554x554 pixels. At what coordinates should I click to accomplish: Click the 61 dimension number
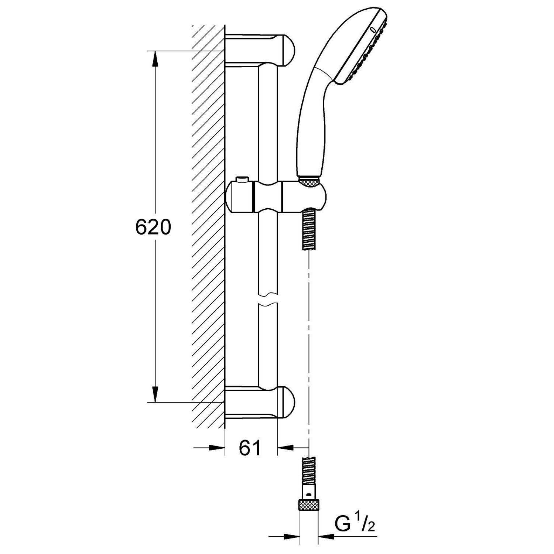(x=250, y=448)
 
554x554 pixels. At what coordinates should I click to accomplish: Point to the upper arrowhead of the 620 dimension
(x=155, y=59)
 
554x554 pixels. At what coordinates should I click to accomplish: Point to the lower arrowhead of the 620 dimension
(x=155, y=394)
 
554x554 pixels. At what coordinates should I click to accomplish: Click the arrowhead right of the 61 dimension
(x=285, y=448)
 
